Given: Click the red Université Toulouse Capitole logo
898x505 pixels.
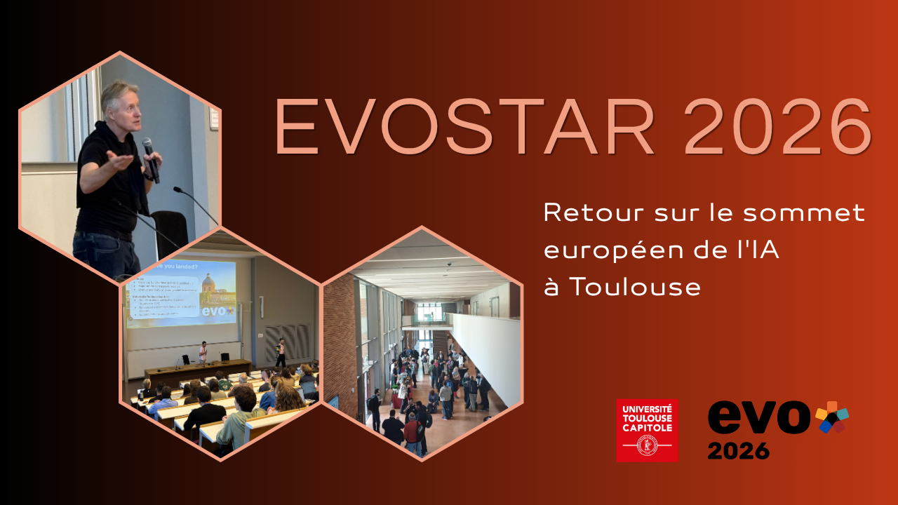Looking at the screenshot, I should click(x=647, y=430).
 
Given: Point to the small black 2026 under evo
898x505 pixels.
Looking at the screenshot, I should click(x=738, y=450).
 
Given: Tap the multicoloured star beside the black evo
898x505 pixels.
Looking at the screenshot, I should click(x=832, y=417).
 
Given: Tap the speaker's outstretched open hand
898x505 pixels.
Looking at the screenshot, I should click(x=121, y=163).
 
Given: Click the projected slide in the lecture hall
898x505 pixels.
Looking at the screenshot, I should click(x=181, y=292).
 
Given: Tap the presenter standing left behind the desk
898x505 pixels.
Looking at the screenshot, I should click(x=202, y=351).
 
